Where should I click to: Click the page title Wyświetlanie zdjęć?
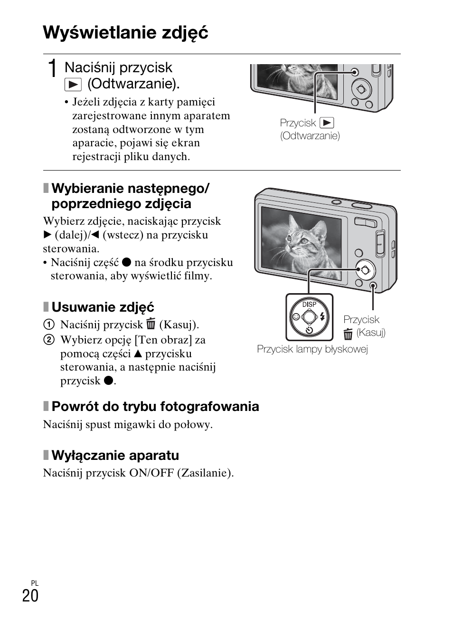125,33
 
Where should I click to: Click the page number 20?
30,596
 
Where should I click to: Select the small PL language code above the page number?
34,583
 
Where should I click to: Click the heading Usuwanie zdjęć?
103,307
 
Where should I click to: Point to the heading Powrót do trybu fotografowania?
155,406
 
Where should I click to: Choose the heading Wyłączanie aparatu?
115,455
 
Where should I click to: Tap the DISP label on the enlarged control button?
309,305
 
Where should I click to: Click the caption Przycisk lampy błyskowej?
312,349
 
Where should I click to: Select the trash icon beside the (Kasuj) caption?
348,334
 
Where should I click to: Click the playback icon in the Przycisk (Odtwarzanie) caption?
327,123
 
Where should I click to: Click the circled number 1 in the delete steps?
48,325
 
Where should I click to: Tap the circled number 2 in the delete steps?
48,340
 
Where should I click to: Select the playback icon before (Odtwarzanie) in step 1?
73,85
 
